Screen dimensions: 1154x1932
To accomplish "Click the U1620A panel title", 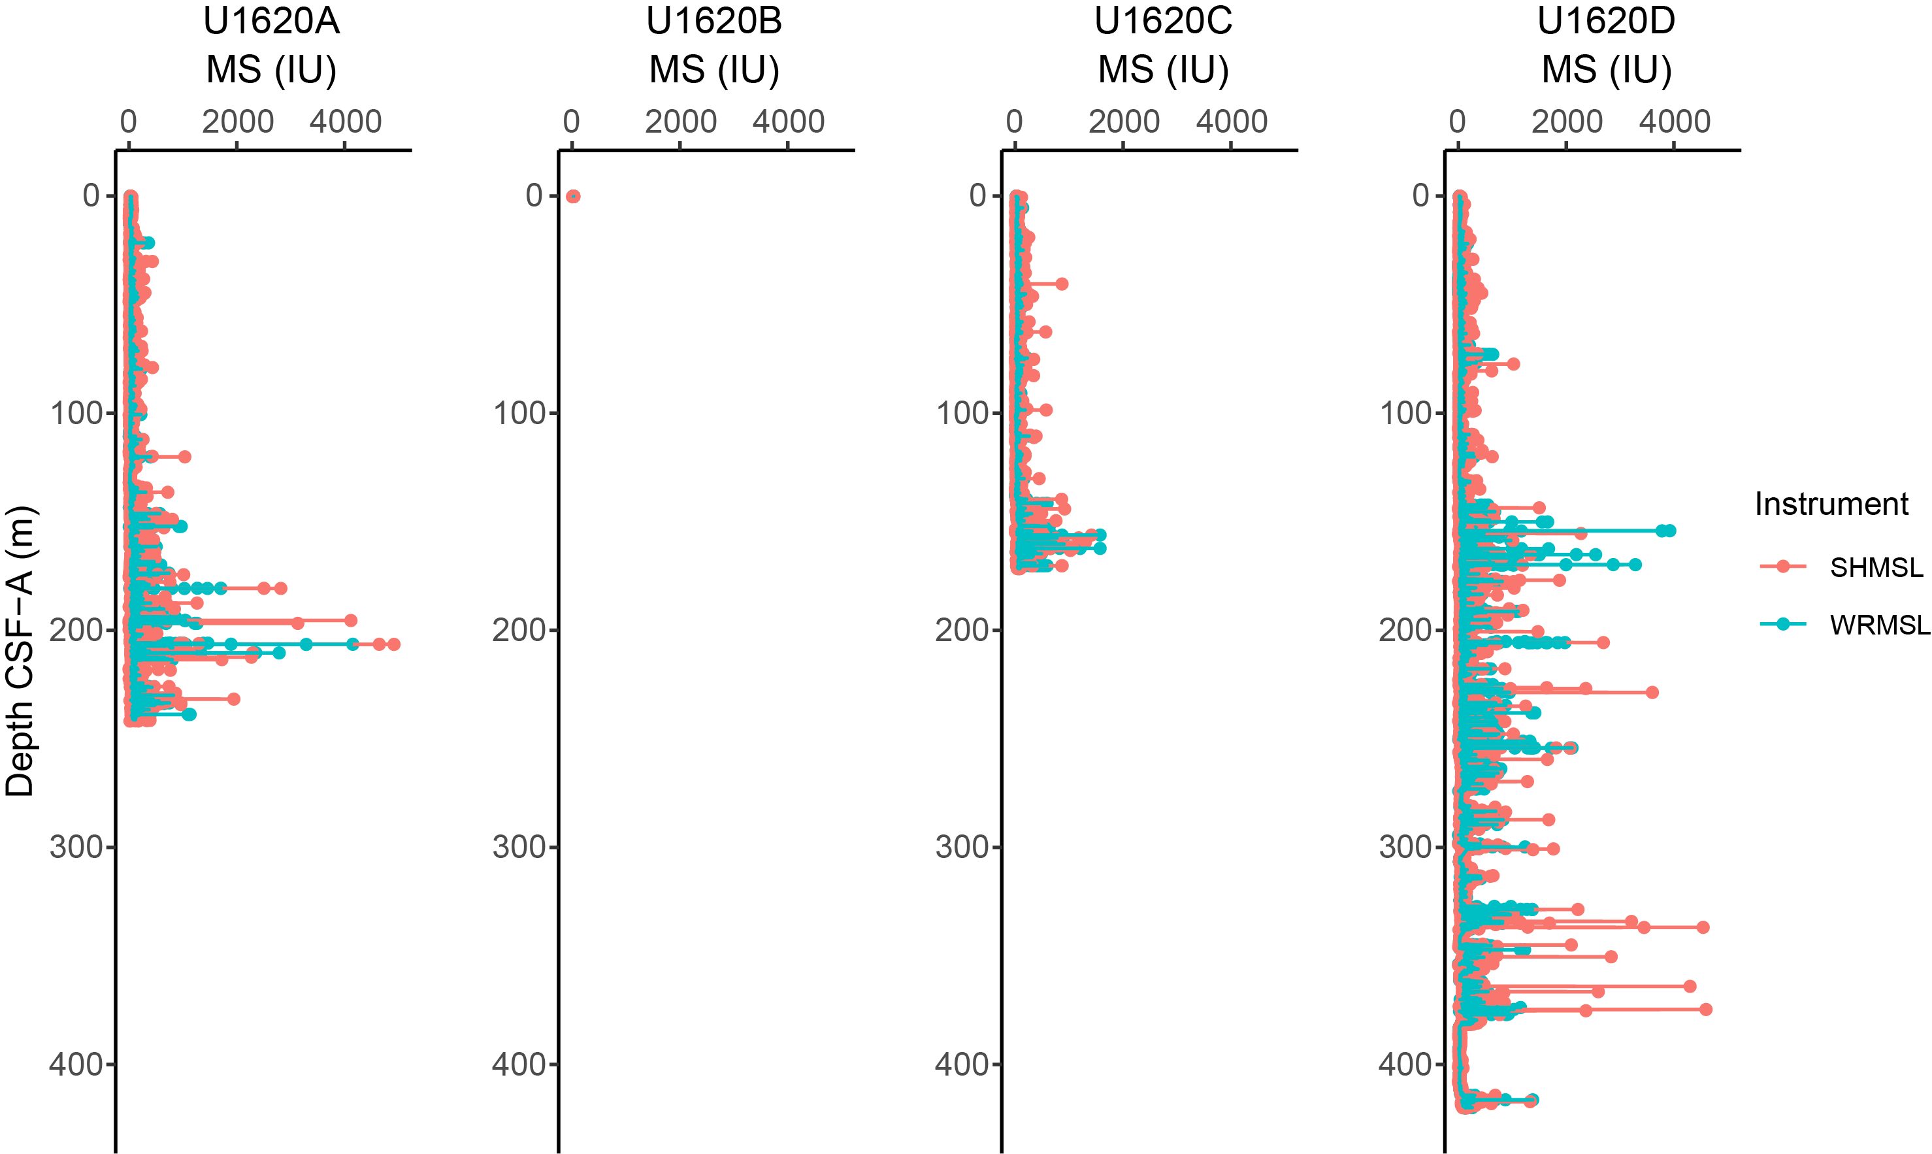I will click(x=270, y=21).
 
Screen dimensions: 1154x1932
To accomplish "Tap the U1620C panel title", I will click(x=1163, y=21).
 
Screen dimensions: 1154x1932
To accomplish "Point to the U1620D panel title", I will click(x=1606, y=21).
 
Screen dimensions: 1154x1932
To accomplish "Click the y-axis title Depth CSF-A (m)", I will click(x=20, y=651).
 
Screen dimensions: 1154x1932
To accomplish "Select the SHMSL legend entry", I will click(x=1875, y=568).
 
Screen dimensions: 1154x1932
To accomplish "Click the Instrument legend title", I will click(x=1831, y=504).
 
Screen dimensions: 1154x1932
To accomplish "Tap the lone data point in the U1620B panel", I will click(x=573, y=196).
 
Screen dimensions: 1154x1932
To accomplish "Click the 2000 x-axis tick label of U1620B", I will click(x=680, y=122).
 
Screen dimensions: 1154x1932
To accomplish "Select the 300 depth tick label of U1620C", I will click(x=962, y=847).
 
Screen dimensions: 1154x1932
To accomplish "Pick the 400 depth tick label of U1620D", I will click(x=1405, y=1064).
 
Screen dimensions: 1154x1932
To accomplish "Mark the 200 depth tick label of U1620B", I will click(x=519, y=630).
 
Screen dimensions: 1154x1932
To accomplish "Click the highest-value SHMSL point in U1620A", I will click(x=393, y=644).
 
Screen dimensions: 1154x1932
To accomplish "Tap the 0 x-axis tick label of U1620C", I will click(x=1014, y=122).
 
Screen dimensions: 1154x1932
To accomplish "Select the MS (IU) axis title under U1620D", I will click(x=1606, y=70).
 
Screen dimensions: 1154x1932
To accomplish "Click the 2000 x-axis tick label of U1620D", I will click(x=1567, y=122).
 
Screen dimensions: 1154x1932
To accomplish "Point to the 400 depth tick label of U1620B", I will click(x=519, y=1064).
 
